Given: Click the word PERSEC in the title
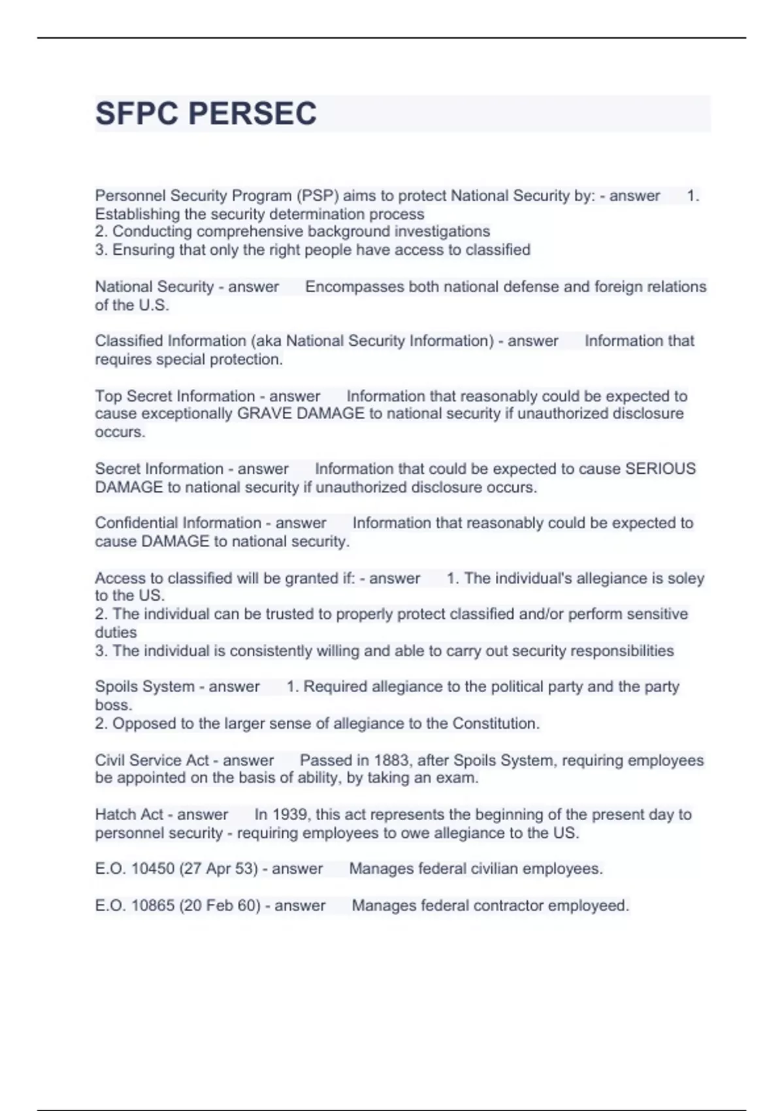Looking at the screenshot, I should pyautogui.click(x=252, y=114).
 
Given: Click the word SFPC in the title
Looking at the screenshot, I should pyautogui.click(x=136, y=114).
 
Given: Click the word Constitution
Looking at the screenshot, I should pyautogui.click(x=495, y=723).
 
